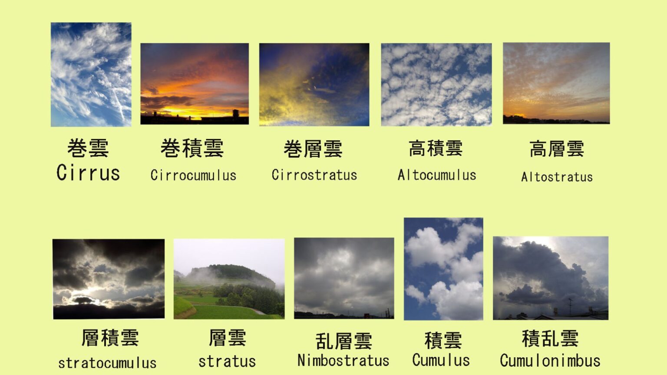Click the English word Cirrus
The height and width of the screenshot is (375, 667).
[88, 173]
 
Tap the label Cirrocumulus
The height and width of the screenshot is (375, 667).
[193, 175]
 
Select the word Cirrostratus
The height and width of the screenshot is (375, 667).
[314, 175]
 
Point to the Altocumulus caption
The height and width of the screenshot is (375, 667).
[437, 175]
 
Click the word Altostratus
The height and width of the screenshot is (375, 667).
[557, 177]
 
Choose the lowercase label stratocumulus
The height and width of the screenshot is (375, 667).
[107, 363]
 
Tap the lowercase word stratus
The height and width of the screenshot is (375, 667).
[227, 362]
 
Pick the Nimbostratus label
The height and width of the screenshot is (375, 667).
[343, 360]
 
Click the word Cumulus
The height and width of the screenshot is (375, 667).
[441, 360]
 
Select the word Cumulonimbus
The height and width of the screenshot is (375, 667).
[550, 361]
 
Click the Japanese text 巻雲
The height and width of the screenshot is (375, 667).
[88, 148]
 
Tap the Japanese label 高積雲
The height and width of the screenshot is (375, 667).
[436, 148]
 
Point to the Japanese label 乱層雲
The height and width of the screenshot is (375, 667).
[343, 341]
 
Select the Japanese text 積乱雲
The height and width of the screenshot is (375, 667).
[550, 339]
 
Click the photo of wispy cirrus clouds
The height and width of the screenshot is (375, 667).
[91, 75]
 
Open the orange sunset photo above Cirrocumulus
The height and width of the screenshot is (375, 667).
[195, 84]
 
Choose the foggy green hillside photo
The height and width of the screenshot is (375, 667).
[229, 279]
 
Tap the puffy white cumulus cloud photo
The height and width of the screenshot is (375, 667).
[443, 269]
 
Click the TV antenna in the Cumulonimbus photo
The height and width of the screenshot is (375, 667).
[571, 306]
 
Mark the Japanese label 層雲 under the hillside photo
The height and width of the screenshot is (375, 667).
[227, 338]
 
